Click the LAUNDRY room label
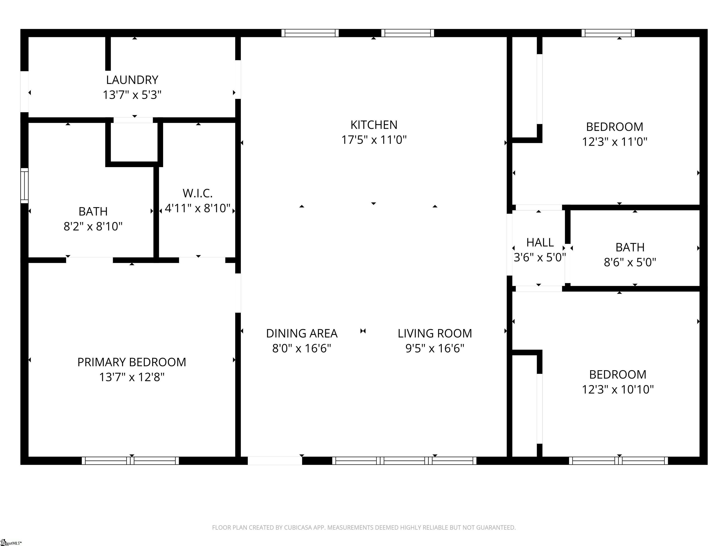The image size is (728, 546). pos(132,80)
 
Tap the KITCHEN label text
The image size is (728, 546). pos(374,125)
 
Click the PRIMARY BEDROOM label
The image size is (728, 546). pos(132,362)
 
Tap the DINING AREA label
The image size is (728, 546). pos(302,334)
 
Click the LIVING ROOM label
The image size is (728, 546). pos(435,334)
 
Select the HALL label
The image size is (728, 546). pos(540,243)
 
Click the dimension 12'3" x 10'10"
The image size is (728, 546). pos(618,390)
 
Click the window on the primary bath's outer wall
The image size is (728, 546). pos(24,186)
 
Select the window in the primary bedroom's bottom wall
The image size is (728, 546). pos(130,461)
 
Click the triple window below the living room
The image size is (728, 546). pos(404,461)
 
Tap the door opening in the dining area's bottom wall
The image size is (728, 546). pos(275,461)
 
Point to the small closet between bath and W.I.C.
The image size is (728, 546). pos(134,142)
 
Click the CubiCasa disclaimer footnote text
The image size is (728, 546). pos(364,528)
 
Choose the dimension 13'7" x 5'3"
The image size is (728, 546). pos(132,95)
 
